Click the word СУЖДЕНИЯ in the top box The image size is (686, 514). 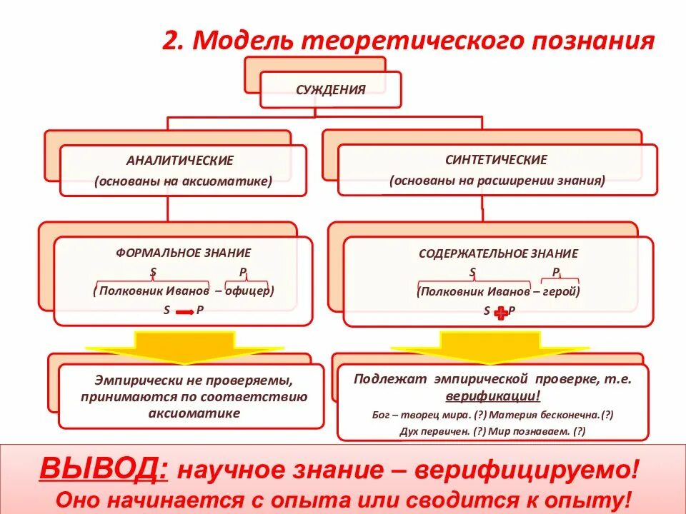(331, 90)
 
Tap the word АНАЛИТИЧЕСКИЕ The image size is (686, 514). (180, 161)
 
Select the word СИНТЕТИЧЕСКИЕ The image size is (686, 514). (496, 160)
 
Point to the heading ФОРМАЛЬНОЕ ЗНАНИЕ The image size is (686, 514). (184, 253)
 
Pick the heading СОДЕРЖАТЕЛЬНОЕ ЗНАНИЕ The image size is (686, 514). (498, 253)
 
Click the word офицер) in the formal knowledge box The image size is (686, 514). (251, 291)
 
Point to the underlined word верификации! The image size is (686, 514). (493, 395)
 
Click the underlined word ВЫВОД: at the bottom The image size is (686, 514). (104, 469)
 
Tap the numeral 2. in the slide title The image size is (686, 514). (173, 41)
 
